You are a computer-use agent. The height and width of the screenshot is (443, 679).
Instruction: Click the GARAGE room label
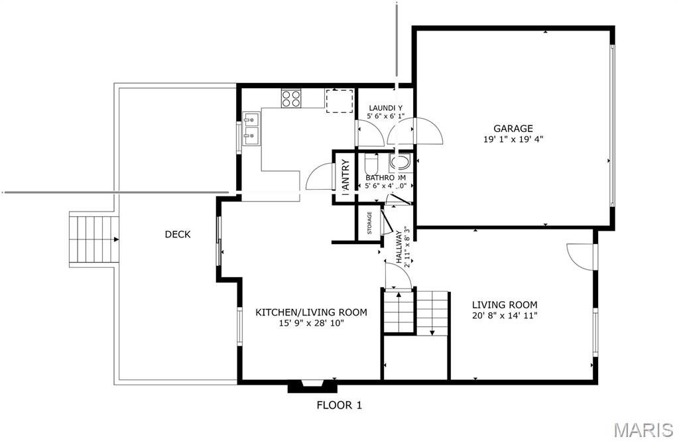513,128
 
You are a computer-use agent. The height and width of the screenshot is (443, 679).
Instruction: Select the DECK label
178,234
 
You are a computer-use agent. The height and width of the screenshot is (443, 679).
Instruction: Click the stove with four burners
291,98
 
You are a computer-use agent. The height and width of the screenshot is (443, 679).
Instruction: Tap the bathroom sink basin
400,162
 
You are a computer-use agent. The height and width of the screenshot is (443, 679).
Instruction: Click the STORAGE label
369,223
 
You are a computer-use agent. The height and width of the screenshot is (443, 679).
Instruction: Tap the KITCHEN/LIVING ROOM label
311,312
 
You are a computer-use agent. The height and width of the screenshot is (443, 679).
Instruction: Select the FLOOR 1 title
339,405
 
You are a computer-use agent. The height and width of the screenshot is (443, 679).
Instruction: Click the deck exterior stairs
92,239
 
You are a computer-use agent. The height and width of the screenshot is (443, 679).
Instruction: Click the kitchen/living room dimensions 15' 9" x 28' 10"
311,324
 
